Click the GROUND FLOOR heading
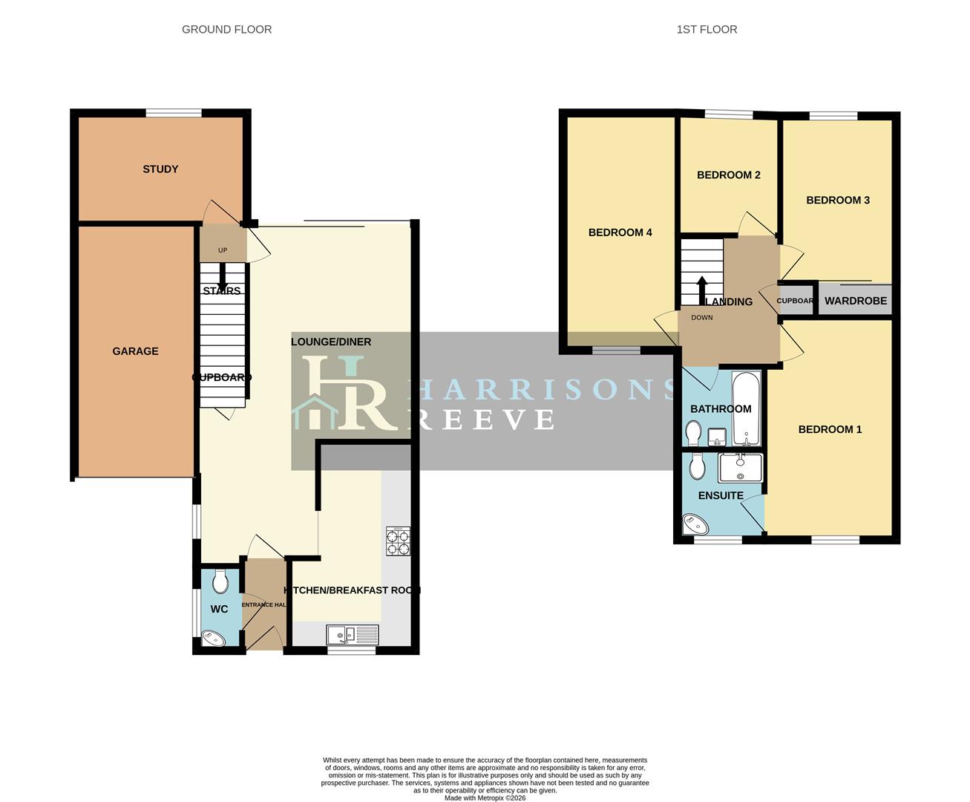click(226, 30)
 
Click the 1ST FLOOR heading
click(707, 30)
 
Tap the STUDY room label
click(160, 169)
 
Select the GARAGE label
click(135, 351)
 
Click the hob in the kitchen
click(398, 541)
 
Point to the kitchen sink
click(353, 635)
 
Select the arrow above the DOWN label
click(701, 288)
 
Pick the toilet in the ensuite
click(697, 466)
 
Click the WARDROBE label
click(856, 301)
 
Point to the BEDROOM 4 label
click(620, 232)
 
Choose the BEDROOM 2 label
click(728, 175)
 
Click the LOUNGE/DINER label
click(331, 342)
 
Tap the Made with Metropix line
click(485, 798)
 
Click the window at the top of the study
click(173, 113)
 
